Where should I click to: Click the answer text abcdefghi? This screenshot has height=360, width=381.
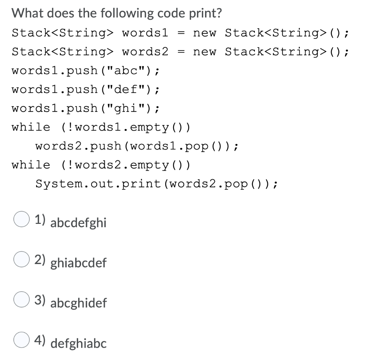tap(78, 223)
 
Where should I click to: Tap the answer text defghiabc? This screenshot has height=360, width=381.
tap(78, 343)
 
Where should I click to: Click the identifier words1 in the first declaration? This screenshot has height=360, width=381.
tap(145, 33)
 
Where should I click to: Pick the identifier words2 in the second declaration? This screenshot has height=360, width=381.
tap(145, 51)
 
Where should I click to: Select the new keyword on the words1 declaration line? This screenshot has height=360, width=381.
tap(205, 33)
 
